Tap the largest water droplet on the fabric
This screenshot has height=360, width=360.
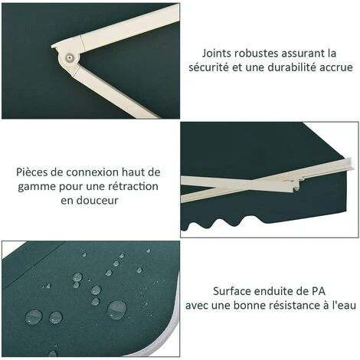pos(117,309)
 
